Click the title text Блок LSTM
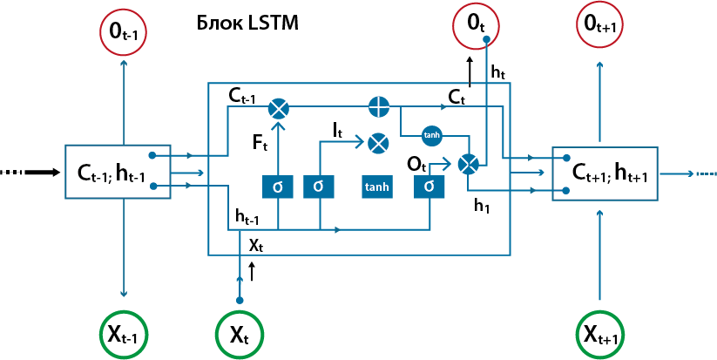pyautogui.click(x=248, y=24)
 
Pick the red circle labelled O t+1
pyautogui.click(x=599, y=26)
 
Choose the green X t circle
pyautogui.click(x=240, y=333)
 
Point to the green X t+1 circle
pyautogui.click(x=599, y=333)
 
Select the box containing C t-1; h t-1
pyautogui.click(x=117, y=172)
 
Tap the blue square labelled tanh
pyautogui.click(x=377, y=186)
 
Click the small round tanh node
pyautogui.click(x=432, y=135)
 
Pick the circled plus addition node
pyautogui.click(x=379, y=107)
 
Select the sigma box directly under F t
pyautogui.click(x=277, y=186)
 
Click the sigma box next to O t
pyautogui.click(x=429, y=186)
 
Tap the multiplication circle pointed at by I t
pyautogui.click(x=379, y=143)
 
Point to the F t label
pyautogui.click(x=260, y=141)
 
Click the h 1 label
pyautogui.click(x=482, y=205)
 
